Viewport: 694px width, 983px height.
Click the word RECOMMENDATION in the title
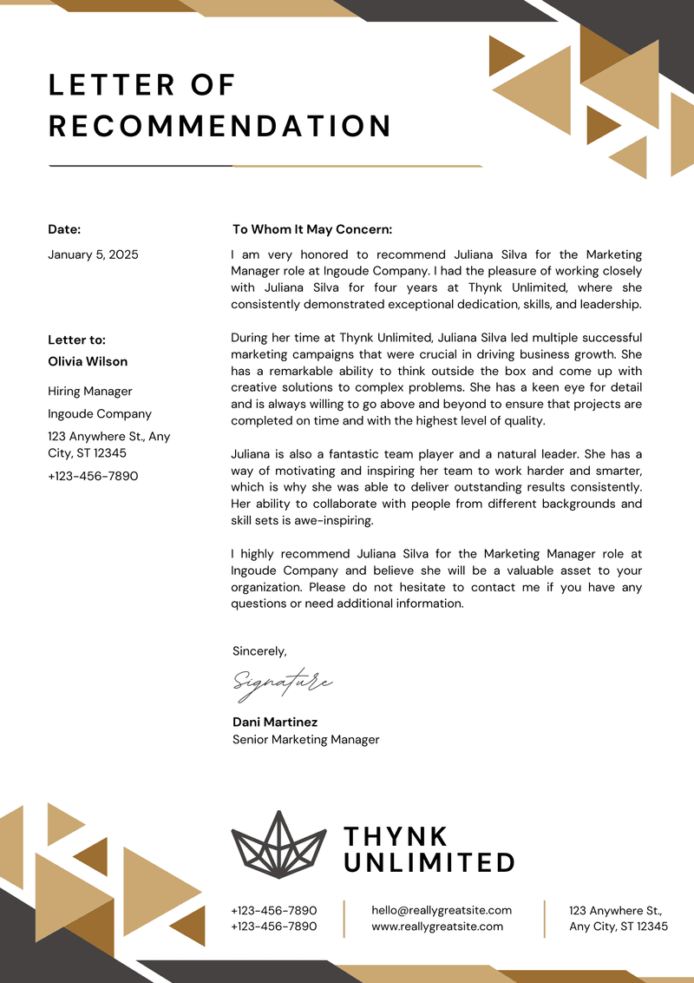(x=220, y=126)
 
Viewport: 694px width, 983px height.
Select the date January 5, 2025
(x=93, y=254)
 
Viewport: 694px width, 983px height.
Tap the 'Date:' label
(x=64, y=229)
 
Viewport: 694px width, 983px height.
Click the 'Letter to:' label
(x=76, y=340)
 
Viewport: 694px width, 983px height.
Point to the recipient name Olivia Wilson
(x=88, y=361)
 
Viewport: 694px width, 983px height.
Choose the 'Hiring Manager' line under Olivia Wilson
(x=90, y=392)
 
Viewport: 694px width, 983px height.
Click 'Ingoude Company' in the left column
(x=100, y=414)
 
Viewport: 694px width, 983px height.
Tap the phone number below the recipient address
(x=93, y=476)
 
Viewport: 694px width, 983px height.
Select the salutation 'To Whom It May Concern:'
(x=312, y=229)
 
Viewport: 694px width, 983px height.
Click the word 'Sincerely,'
(x=259, y=650)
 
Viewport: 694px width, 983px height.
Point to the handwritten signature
(x=282, y=683)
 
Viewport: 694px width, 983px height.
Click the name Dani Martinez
(x=275, y=722)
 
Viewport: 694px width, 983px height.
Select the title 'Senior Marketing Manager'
(x=305, y=740)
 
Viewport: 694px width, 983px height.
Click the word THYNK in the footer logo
(x=396, y=836)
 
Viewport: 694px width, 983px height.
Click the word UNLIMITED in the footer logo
(x=429, y=862)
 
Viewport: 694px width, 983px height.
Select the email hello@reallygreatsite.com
(x=442, y=910)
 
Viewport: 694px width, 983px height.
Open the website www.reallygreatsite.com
(x=437, y=927)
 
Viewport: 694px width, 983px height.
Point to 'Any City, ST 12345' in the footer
(x=619, y=927)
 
